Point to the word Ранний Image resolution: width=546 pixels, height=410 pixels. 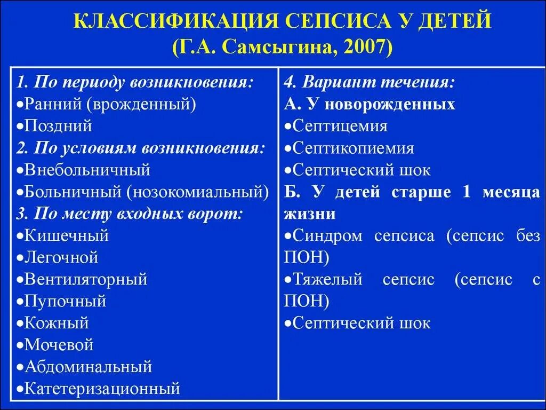click(50, 104)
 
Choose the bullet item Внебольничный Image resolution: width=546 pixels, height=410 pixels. click(88, 170)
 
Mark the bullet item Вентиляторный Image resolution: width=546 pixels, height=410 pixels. click(85, 279)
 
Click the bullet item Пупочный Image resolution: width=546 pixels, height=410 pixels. click(65, 301)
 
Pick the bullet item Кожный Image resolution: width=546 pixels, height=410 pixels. click(57, 323)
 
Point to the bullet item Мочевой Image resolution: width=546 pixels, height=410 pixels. click(59, 345)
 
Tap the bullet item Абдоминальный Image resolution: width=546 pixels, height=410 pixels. click(88, 367)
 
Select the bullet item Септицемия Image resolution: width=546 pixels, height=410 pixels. click(340, 126)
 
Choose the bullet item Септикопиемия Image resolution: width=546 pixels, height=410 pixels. click(353, 148)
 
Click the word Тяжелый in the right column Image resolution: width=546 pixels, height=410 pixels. click(327, 279)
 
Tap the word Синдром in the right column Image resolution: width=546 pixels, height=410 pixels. click(327, 235)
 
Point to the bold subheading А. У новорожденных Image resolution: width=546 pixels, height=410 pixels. click(370, 104)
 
